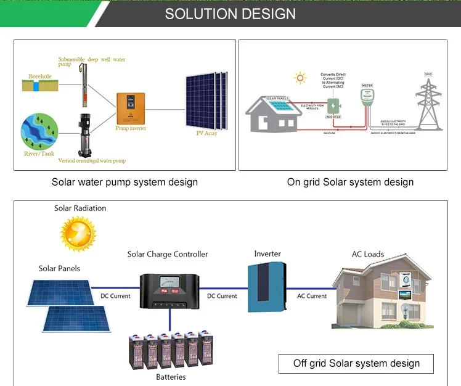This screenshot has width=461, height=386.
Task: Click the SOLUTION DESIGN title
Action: (230, 14)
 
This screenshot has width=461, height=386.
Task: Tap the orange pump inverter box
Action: (131, 107)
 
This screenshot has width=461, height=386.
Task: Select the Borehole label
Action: (40, 77)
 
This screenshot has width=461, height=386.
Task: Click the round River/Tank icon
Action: (39, 129)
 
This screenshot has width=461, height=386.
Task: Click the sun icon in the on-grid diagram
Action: (300, 78)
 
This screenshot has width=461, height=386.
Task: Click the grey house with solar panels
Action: (274, 115)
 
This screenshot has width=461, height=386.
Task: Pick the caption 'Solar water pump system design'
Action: (124, 182)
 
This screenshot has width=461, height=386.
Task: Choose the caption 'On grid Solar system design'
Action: (350, 182)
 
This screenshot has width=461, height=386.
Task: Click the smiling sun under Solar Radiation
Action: (78, 233)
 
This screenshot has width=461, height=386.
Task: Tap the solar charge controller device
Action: (169, 291)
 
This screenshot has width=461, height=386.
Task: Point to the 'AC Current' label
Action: (312, 296)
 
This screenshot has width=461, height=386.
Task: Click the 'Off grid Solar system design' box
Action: (356, 363)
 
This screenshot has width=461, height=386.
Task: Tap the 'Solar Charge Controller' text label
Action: (168, 254)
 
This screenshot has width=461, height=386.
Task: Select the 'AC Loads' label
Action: (368, 254)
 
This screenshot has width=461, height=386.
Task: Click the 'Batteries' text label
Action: (171, 377)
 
